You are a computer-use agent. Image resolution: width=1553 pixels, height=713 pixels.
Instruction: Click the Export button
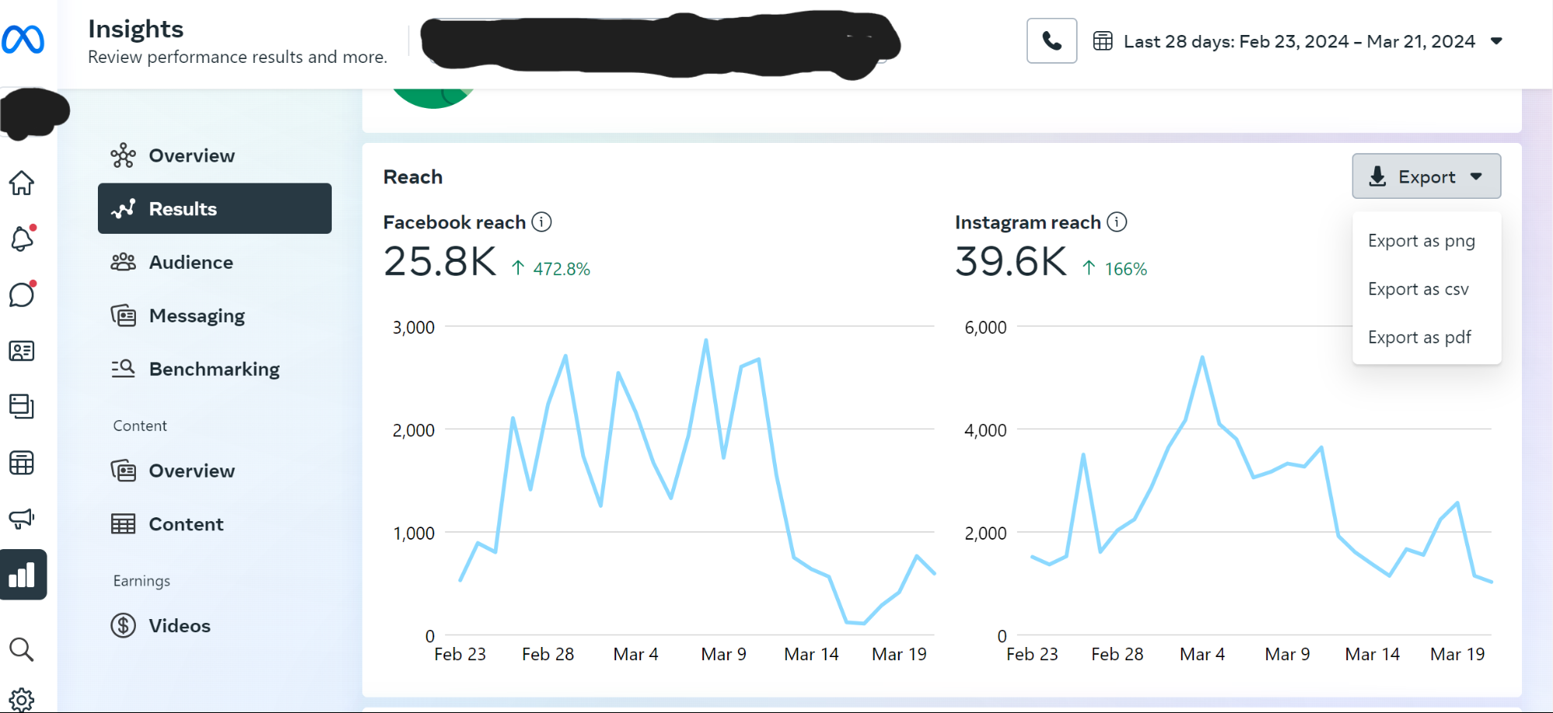(x=1426, y=176)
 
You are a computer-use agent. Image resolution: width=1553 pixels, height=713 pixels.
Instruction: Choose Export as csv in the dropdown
(x=1418, y=289)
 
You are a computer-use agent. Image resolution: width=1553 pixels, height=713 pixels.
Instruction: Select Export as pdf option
(x=1419, y=337)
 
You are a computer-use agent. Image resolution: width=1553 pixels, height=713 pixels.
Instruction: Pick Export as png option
(x=1420, y=241)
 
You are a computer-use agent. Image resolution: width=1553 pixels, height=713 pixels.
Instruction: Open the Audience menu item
(x=190, y=263)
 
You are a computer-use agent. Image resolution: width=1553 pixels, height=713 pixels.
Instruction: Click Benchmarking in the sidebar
(x=214, y=369)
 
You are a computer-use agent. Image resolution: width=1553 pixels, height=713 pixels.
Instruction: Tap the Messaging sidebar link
(x=197, y=315)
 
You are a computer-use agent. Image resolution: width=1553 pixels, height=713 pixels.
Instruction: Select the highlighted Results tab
(x=214, y=208)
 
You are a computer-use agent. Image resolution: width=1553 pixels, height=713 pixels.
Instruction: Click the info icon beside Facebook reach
(x=541, y=222)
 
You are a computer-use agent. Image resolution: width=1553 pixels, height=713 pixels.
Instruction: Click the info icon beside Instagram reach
(x=1116, y=222)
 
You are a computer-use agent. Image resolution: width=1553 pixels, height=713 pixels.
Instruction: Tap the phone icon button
(x=1051, y=40)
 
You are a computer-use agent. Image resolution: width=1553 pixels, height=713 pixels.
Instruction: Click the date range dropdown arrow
(x=1496, y=41)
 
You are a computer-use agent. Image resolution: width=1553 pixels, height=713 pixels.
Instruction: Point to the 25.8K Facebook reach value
(x=440, y=262)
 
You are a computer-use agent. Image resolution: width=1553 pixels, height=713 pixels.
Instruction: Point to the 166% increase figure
(x=1125, y=269)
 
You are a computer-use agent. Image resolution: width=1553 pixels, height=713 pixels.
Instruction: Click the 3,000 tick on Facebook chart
(x=413, y=328)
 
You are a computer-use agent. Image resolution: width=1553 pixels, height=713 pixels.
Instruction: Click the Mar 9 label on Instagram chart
(x=1287, y=654)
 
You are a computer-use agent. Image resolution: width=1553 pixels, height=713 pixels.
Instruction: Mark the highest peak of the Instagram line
(x=1202, y=357)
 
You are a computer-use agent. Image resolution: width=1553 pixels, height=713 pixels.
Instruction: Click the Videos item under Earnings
(x=179, y=625)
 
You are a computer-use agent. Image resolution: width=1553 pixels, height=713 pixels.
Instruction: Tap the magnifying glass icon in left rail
(x=21, y=649)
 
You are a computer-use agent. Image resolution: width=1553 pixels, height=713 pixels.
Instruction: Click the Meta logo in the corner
(x=23, y=39)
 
